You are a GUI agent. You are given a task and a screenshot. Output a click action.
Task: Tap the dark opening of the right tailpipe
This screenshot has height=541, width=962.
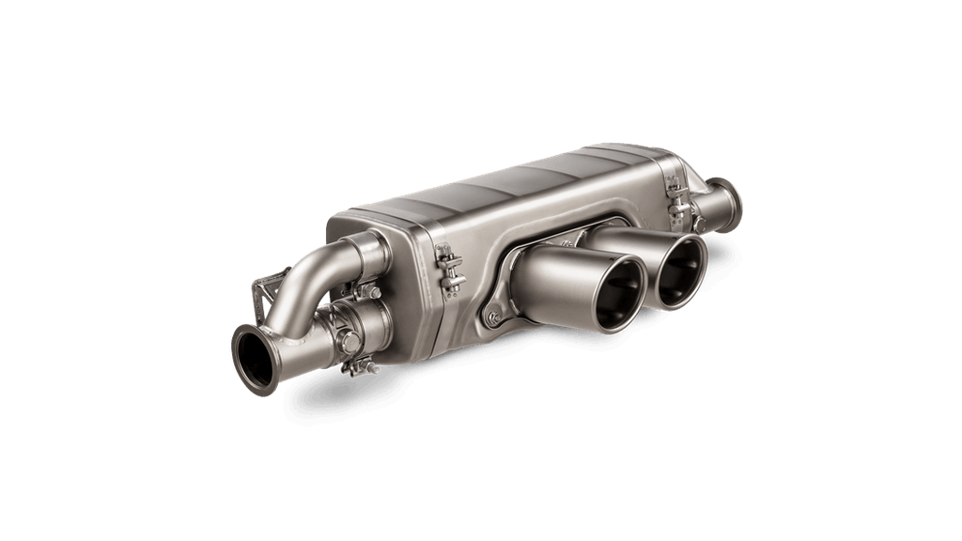point(681,271)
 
